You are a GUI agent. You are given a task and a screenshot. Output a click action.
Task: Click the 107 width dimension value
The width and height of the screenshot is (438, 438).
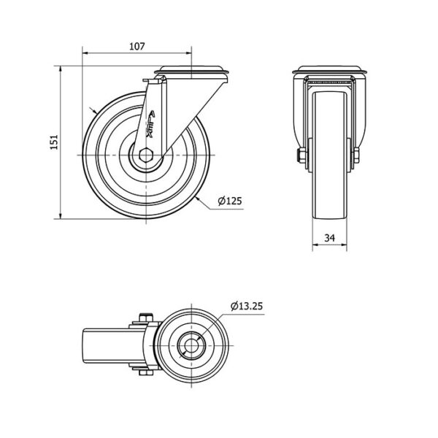[137, 46]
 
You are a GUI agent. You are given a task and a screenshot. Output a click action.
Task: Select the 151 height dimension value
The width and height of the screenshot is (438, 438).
[54, 142]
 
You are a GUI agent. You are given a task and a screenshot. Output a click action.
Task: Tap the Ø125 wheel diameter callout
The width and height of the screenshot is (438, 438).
[230, 201]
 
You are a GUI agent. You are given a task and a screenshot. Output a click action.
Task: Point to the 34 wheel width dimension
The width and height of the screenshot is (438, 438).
[330, 238]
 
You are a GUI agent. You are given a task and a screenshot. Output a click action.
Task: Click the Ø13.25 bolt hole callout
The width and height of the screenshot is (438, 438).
[247, 306]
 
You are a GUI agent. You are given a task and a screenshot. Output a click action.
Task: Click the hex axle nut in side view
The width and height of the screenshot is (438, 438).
[145, 155]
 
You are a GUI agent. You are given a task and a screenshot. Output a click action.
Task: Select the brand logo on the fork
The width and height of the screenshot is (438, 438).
[151, 124]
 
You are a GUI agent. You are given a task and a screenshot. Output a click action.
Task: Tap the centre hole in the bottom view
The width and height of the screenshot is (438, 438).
[191, 345]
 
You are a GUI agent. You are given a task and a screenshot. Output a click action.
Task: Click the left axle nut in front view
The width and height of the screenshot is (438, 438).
[301, 155]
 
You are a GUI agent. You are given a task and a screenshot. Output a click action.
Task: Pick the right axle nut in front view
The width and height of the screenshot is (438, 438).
[356, 155]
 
